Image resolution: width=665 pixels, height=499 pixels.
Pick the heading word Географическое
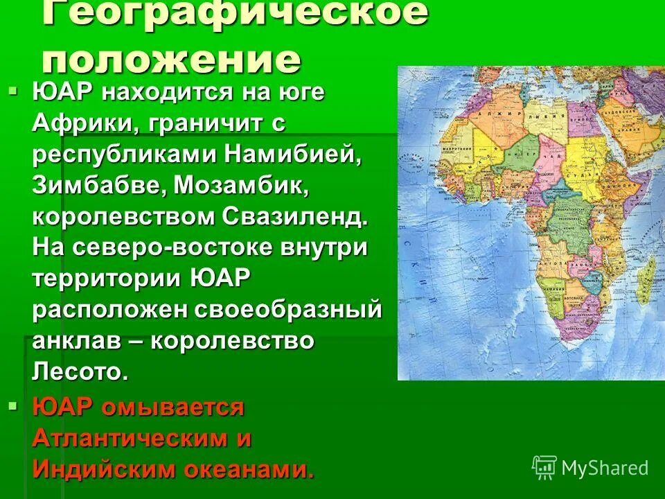point(236,14)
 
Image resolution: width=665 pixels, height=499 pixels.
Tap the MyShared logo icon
point(544,466)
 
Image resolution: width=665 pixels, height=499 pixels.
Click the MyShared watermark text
point(604,468)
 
